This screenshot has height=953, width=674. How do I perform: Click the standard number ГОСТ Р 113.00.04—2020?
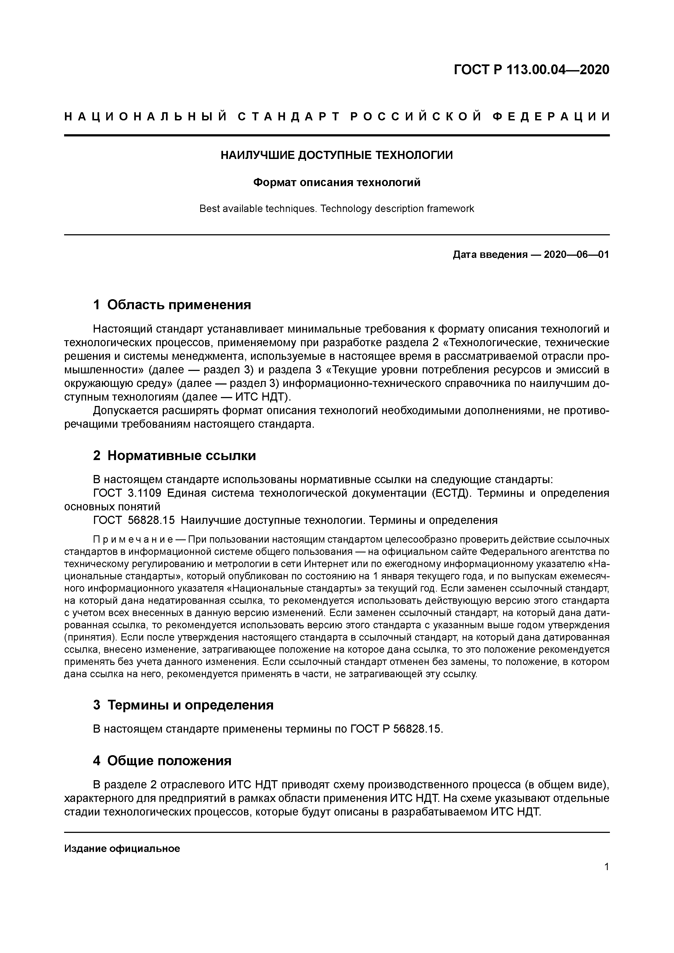point(531,70)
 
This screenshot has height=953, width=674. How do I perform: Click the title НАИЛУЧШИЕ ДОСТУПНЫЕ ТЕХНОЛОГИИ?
point(337,155)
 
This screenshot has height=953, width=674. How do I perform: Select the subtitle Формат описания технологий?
point(337,182)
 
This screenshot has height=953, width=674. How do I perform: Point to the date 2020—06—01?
point(576,254)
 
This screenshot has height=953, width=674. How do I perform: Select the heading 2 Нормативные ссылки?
point(175,455)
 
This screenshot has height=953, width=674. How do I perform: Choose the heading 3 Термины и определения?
point(183,705)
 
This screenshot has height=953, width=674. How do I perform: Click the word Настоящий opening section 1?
point(123,329)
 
